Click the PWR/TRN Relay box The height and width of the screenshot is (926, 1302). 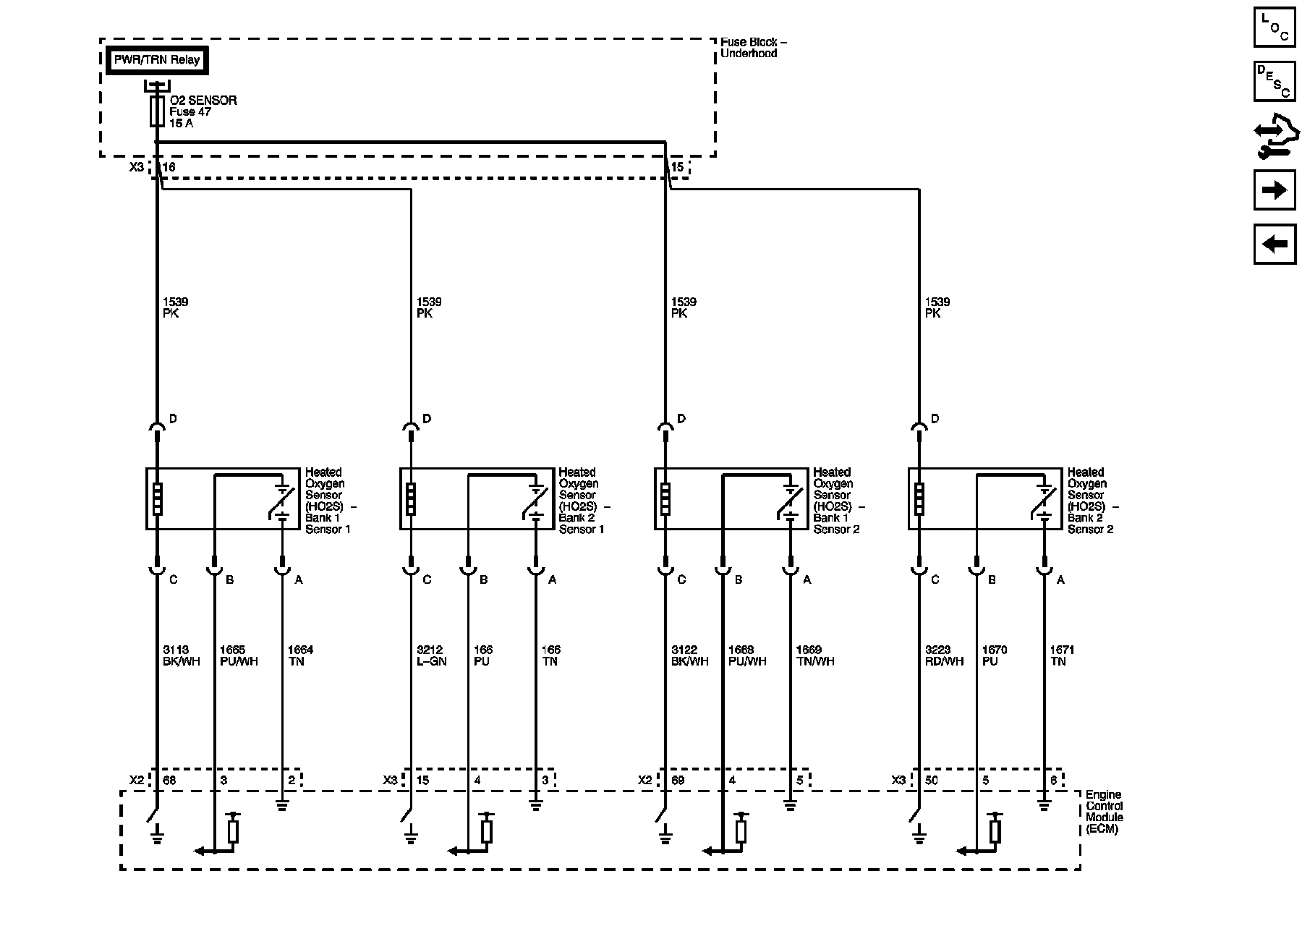pos(157,60)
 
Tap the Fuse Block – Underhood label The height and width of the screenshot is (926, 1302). pos(753,48)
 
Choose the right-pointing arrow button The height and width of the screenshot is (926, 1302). pos(1274,190)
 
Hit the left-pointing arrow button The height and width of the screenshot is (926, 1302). pos(1274,244)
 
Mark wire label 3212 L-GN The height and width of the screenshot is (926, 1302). pos(431,655)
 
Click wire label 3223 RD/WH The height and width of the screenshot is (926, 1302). pos(944,655)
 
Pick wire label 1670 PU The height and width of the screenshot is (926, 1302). pos(995,655)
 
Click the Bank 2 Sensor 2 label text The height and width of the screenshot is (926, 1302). pos(1090,523)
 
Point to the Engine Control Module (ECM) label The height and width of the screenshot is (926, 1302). pos(1104,812)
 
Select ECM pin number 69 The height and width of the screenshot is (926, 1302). pos(678,781)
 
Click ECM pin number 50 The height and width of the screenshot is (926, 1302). pos(932,781)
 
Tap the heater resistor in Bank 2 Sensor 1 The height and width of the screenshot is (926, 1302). pos(411,499)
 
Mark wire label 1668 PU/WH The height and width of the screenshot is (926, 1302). pos(746,655)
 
